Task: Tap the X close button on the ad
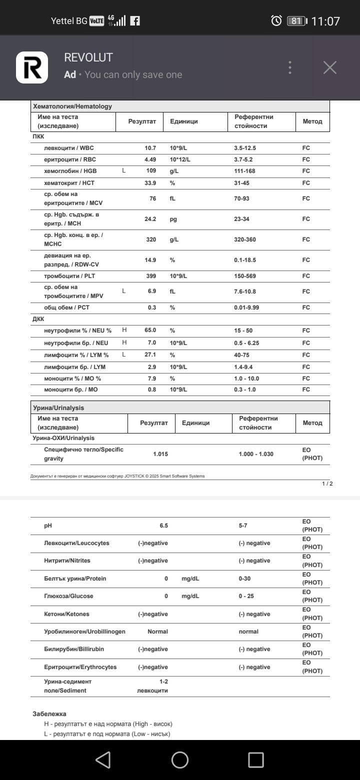pos(329,67)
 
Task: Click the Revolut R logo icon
pos(32,67)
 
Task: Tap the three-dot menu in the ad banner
pos(290,67)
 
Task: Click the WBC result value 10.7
pos(150,148)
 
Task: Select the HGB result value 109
pos(150,171)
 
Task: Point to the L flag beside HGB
pos(124,171)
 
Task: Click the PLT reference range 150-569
pos(247,276)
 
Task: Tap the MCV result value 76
pos(152,198)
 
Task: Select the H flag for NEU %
pos(124,330)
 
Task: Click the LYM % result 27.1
pos(149,355)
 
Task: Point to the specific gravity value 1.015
pos(160,454)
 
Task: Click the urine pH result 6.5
pos(163,525)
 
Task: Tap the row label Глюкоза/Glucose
pos(68,596)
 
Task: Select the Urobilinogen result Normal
pos(157,631)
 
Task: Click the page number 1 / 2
pos(327,483)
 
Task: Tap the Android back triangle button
pos(103,760)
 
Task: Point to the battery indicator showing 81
pos(296,21)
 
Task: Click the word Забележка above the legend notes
pos(49,714)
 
